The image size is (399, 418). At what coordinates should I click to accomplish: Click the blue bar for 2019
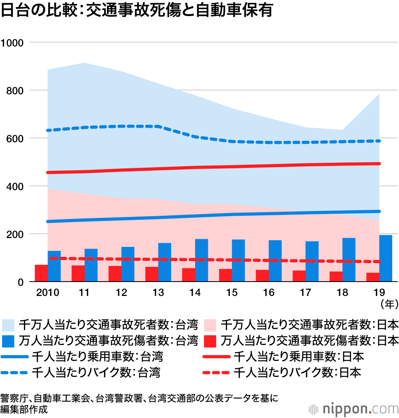[385, 258]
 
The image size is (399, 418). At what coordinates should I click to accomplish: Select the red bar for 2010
[41, 273]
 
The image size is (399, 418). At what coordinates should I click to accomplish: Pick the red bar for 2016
[262, 276]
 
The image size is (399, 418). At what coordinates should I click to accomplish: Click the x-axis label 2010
[47, 293]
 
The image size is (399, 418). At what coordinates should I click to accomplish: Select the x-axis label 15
[232, 293]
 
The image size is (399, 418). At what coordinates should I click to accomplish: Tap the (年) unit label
[389, 304]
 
